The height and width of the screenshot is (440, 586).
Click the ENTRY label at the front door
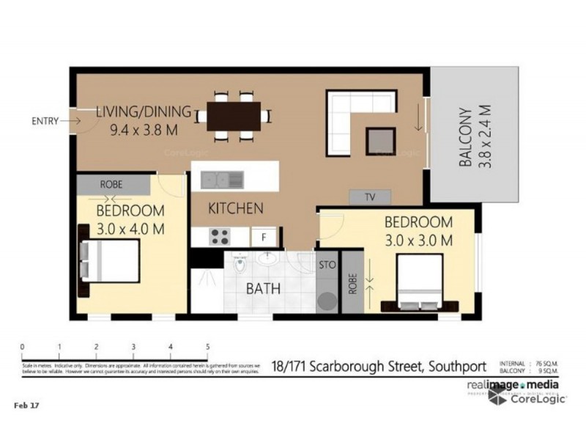(45, 121)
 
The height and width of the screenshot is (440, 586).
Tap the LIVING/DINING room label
(144, 113)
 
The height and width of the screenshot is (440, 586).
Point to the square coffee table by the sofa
(380, 139)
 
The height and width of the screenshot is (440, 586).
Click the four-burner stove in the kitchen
(220, 236)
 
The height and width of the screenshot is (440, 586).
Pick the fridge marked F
(263, 237)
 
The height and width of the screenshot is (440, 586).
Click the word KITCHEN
(235, 208)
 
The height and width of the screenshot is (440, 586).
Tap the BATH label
(262, 288)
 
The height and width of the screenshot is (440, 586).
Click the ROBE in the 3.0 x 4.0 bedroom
(111, 184)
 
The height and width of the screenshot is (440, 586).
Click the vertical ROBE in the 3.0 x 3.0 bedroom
(352, 283)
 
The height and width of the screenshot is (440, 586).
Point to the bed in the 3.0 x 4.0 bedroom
(111, 260)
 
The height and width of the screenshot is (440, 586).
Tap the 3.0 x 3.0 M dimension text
(419, 239)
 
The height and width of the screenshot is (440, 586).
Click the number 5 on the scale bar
(208, 347)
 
